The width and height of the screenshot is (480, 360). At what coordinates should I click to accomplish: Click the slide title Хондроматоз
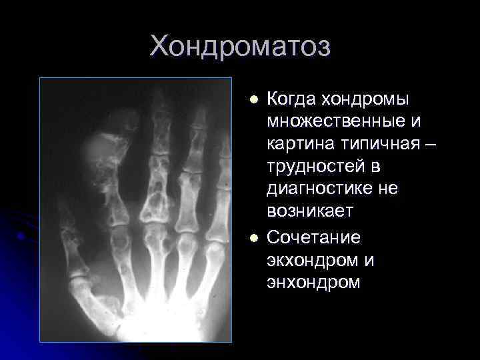point(240,47)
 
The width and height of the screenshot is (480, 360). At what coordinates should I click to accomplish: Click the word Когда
point(291,99)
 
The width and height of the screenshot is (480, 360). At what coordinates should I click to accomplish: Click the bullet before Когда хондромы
point(253,100)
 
